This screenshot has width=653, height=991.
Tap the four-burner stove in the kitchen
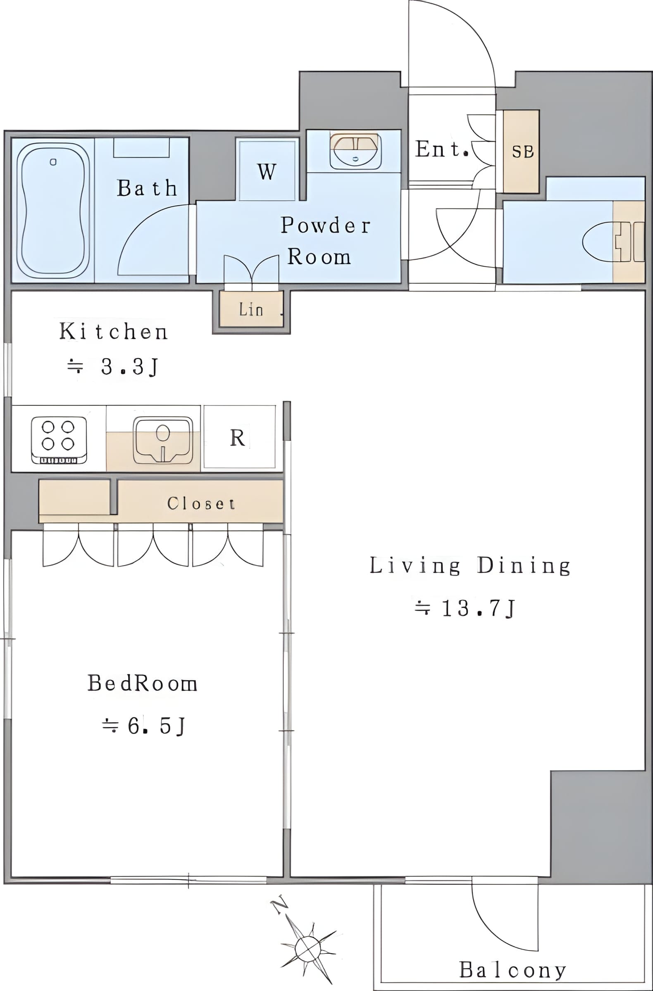(59, 440)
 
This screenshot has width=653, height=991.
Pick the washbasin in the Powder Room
(355, 151)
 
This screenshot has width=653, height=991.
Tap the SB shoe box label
(522, 152)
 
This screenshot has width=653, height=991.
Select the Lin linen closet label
(251, 309)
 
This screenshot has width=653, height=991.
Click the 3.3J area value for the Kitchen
(113, 366)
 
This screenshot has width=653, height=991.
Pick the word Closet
(201, 503)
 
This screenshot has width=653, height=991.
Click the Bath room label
(147, 187)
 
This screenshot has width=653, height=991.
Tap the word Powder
(325, 225)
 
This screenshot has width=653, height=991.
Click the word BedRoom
(142, 683)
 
